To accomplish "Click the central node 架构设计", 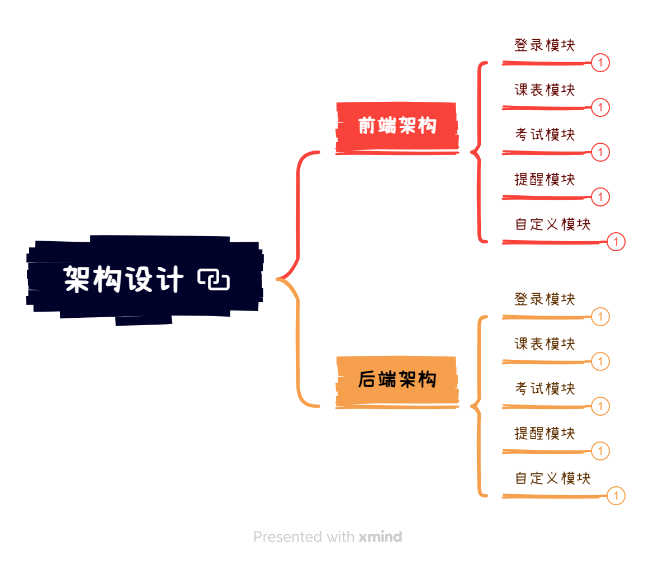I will [x=123, y=279].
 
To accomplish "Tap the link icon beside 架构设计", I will [x=214, y=279].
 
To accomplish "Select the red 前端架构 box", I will [x=397, y=126].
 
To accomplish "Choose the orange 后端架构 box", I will [x=397, y=380].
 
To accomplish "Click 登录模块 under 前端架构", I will [x=545, y=45].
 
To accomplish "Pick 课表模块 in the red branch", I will [x=545, y=90].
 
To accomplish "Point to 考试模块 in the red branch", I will [x=545, y=135].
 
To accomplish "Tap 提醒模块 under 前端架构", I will [x=545, y=180].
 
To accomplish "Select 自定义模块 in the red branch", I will [x=552, y=224].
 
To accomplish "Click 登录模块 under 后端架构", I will [x=545, y=299].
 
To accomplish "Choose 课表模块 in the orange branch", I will [x=545, y=344].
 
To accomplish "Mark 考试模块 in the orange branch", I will [x=545, y=389].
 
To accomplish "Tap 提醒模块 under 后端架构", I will [x=545, y=434].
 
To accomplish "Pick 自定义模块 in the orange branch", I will [x=552, y=478].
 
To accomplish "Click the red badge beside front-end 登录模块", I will [x=600, y=63].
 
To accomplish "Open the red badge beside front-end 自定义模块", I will [x=616, y=242].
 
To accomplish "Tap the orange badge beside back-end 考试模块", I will [x=600, y=406].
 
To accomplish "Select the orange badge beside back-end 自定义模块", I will [x=616, y=496].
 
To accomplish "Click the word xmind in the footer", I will [x=380, y=537].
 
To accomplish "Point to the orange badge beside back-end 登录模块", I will [x=600, y=317].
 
